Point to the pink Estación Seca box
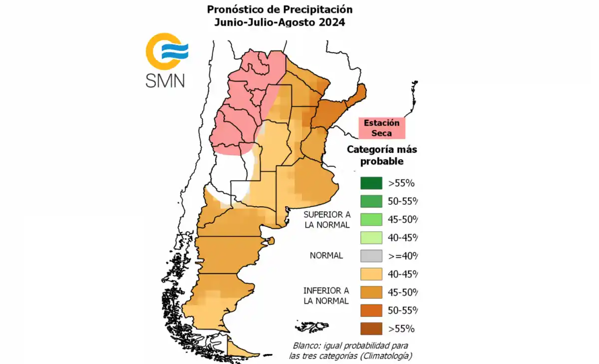click(x=381, y=128)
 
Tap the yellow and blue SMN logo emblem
click(x=165, y=51)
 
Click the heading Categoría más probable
click(x=382, y=155)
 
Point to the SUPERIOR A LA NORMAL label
click(x=326, y=219)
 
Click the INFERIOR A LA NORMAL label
click(x=326, y=296)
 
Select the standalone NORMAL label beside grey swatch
click(x=326, y=256)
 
